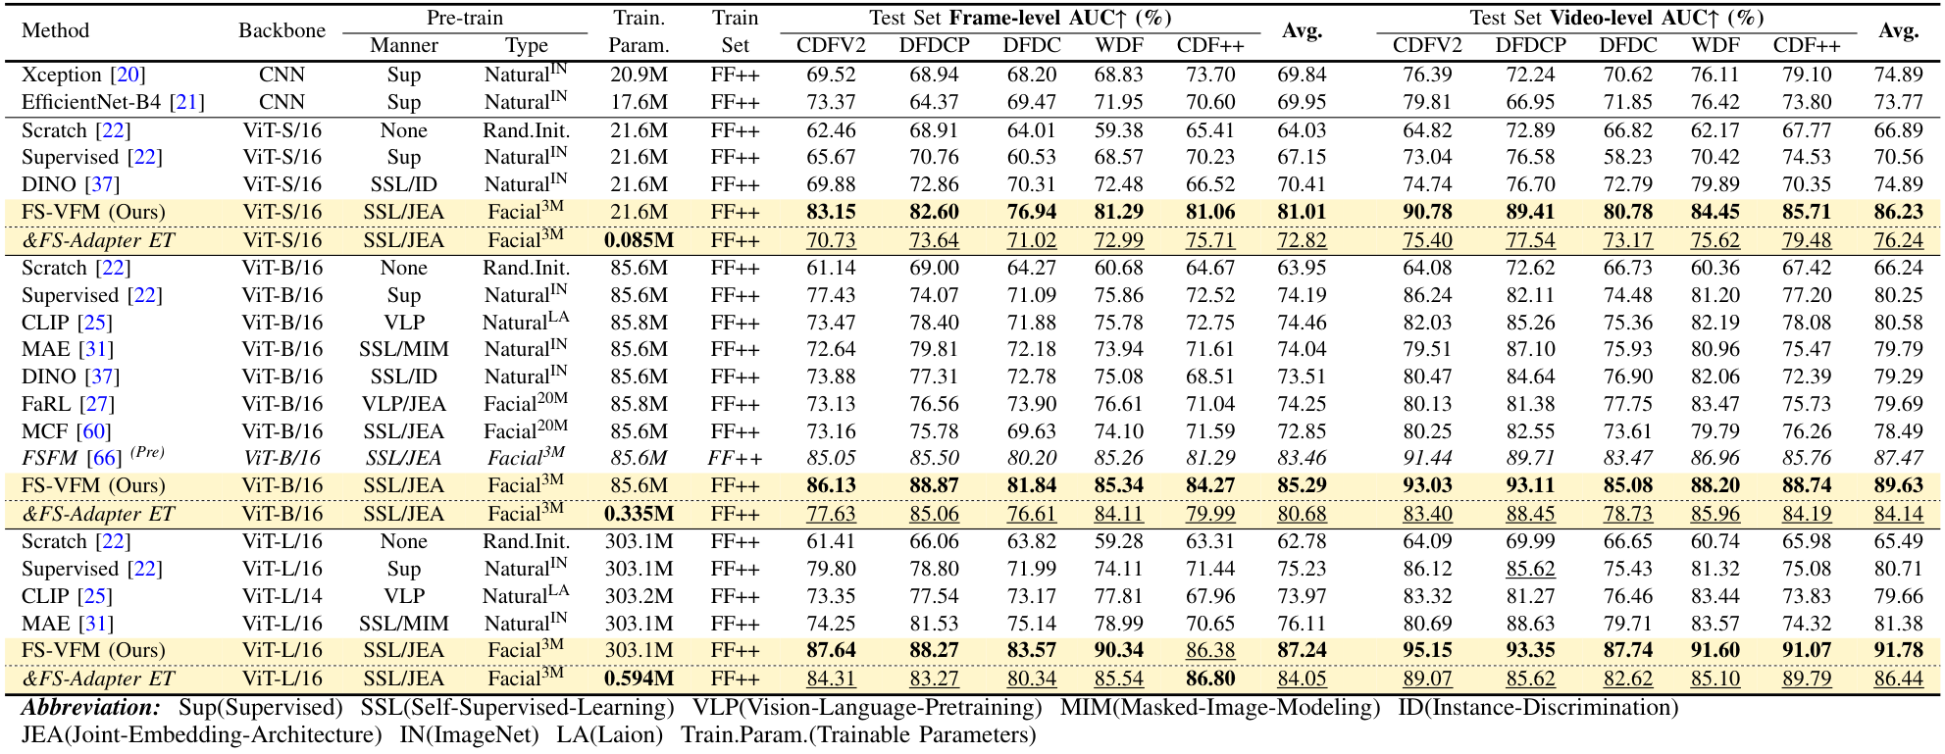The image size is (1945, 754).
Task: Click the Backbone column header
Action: pyautogui.click(x=282, y=30)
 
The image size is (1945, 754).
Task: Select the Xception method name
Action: pyautogui.click(x=62, y=75)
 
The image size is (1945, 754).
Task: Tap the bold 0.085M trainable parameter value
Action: pyautogui.click(x=639, y=240)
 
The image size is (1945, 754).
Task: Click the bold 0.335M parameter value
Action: pyautogui.click(x=639, y=514)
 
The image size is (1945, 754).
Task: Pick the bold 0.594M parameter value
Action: pyautogui.click(x=639, y=679)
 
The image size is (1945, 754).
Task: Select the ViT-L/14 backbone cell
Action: pyautogui.click(x=282, y=596)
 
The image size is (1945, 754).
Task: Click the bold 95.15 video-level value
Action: pyautogui.click(x=1427, y=650)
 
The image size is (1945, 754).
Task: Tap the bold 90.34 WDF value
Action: pyautogui.click(x=1119, y=650)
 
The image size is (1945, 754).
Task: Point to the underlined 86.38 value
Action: pyautogui.click(x=1210, y=650)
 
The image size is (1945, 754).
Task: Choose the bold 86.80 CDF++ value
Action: pyautogui.click(x=1210, y=679)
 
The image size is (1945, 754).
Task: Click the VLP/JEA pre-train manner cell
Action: pyautogui.click(x=404, y=404)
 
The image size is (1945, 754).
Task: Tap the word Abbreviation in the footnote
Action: pyautogui.click(x=91, y=708)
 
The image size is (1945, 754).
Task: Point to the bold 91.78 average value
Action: pyautogui.click(x=1898, y=650)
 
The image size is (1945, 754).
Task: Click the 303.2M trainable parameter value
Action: pyautogui.click(x=639, y=596)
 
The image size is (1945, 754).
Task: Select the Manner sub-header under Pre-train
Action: pyautogui.click(x=404, y=45)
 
